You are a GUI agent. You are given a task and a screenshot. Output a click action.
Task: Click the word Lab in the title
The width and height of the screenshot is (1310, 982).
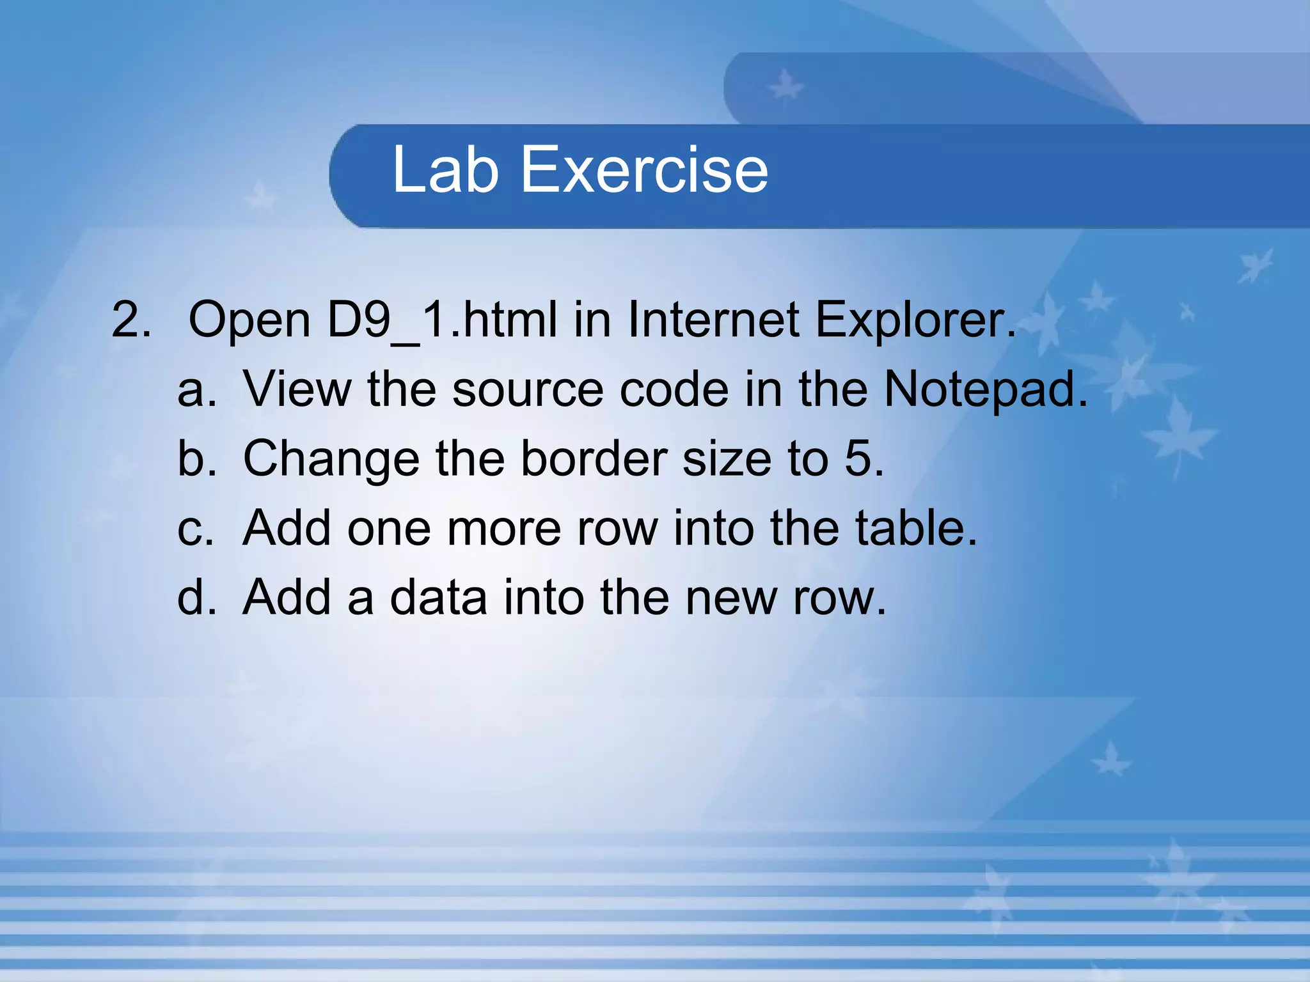tap(445, 169)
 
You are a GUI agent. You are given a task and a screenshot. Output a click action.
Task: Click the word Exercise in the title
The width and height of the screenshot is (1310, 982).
tap(645, 169)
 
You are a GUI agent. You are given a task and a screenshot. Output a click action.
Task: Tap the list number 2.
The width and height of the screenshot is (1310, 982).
tap(131, 320)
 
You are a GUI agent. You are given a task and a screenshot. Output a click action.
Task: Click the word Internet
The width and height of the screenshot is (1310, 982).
tap(713, 320)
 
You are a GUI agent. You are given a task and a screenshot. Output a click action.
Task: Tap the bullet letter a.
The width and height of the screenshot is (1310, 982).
tap(196, 390)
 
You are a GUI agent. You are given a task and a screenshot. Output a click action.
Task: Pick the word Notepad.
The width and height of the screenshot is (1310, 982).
tap(985, 390)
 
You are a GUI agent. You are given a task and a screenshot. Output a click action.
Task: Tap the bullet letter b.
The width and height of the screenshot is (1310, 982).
tap(196, 458)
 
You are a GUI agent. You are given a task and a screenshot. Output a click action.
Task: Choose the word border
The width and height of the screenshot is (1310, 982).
tap(593, 458)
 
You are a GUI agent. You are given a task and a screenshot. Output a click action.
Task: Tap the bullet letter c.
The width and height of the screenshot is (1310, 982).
tap(194, 529)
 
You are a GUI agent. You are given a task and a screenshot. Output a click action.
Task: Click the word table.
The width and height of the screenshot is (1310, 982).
tap(916, 528)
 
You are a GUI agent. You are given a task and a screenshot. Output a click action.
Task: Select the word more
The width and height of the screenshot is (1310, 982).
tap(503, 529)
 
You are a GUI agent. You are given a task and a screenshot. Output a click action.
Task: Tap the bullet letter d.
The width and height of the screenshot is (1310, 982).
tap(196, 597)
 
